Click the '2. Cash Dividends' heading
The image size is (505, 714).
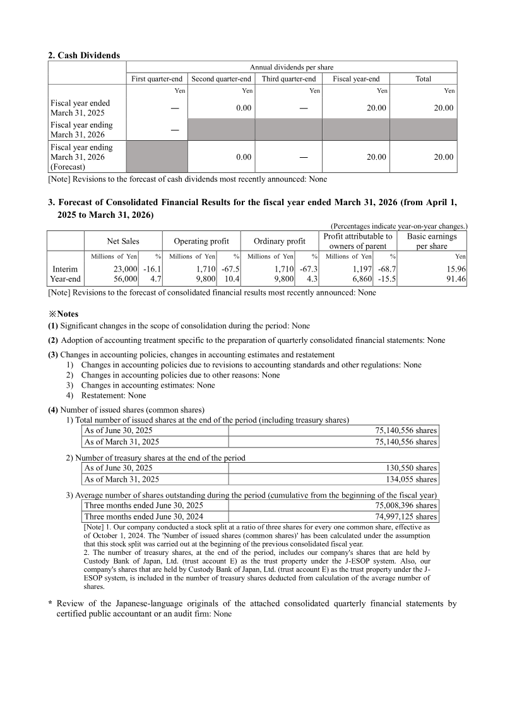(x=84, y=56)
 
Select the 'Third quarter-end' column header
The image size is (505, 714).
(x=288, y=79)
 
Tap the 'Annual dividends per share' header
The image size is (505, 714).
(x=292, y=67)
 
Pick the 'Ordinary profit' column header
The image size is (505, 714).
(x=279, y=241)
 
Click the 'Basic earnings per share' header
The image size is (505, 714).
(x=431, y=241)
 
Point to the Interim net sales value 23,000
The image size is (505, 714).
(x=124, y=269)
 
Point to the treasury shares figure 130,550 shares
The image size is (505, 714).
(x=411, y=468)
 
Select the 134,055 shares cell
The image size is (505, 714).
(x=411, y=479)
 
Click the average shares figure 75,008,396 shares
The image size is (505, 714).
(x=401, y=505)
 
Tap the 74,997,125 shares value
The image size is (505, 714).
(x=401, y=516)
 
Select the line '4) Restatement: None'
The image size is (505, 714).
(x=105, y=396)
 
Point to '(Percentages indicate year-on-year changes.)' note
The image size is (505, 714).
(x=398, y=226)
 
